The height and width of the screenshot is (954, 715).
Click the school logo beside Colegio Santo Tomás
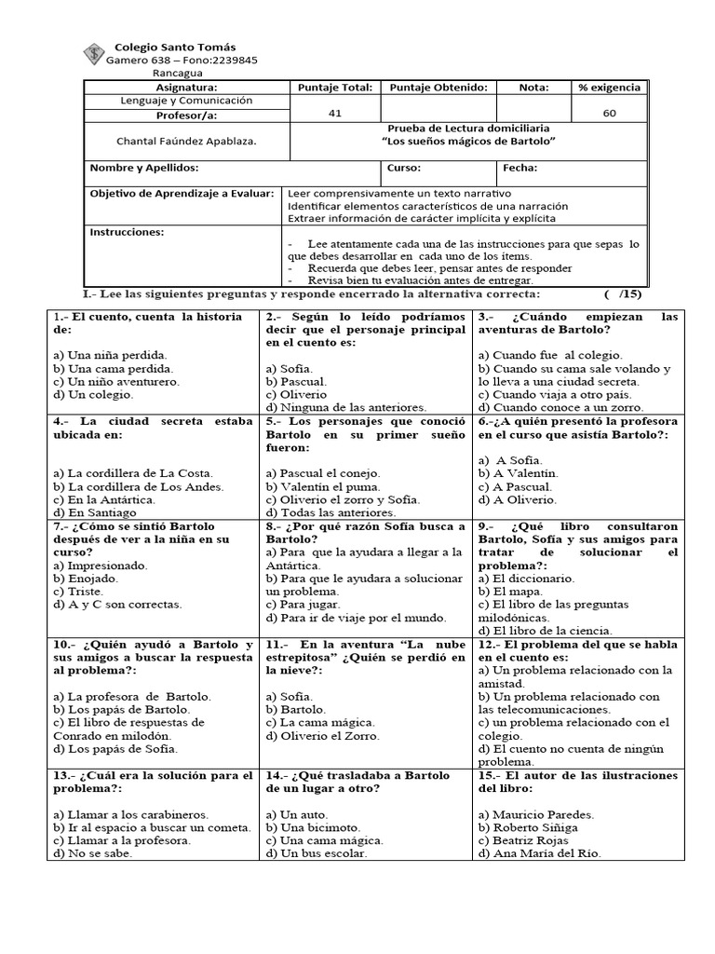point(94,54)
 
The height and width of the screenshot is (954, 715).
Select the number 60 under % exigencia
point(609,113)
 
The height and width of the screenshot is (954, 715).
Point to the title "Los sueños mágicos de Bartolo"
point(468,141)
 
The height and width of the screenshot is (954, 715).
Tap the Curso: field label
point(402,169)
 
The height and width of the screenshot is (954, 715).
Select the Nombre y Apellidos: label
point(144,169)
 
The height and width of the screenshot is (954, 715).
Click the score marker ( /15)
point(622,293)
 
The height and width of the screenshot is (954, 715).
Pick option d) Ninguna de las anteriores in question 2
point(345,407)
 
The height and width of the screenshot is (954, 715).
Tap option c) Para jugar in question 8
point(303,604)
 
